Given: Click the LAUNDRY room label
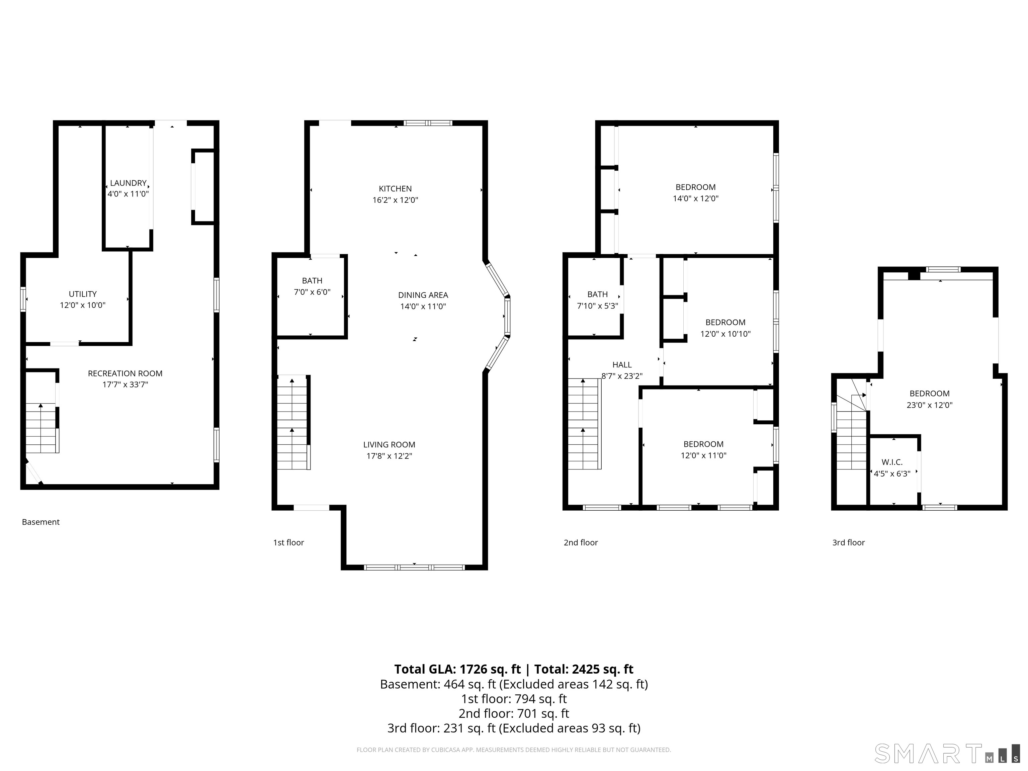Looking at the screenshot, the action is click(x=128, y=183).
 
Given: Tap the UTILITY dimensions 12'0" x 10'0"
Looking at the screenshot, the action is click(x=83, y=305).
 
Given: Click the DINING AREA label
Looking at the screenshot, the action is click(x=423, y=295).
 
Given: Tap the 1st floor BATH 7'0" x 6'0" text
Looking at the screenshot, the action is click(x=312, y=286).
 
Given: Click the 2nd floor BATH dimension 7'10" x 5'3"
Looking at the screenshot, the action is click(x=597, y=306).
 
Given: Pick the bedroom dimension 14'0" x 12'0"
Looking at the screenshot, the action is click(x=696, y=198).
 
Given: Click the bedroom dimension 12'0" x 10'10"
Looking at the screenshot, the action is click(x=725, y=334).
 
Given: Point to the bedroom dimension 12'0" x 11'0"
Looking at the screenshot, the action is click(x=704, y=455).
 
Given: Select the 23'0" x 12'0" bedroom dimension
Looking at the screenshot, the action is click(x=930, y=405).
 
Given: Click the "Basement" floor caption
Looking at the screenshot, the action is click(x=41, y=522).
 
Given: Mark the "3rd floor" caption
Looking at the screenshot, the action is click(x=849, y=542).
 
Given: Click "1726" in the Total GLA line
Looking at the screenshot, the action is click(x=475, y=669).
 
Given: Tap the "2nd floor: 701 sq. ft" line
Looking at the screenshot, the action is click(x=514, y=713).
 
